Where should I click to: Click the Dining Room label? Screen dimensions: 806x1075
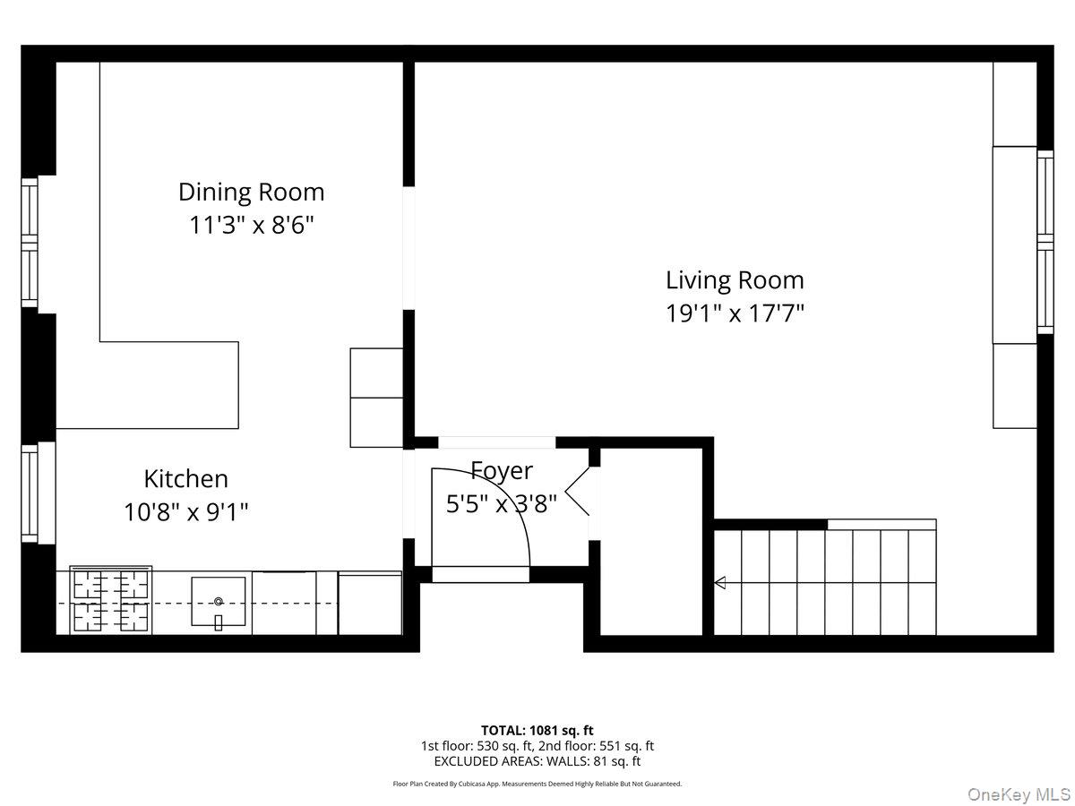point(251,192)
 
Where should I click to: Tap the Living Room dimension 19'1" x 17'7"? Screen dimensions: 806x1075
point(735,314)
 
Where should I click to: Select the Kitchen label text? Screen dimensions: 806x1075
point(186,478)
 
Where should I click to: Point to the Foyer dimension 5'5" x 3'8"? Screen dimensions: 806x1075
point(502,503)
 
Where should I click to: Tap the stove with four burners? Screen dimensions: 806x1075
point(110,601)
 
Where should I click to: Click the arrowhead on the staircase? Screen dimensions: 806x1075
point(719,584)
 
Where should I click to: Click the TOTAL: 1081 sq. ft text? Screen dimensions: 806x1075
point(537,730)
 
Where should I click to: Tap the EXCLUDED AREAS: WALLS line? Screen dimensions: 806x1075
point(537,761)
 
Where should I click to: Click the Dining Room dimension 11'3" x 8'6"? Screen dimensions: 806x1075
point(251,225)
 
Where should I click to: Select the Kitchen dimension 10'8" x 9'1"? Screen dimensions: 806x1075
point(186,511)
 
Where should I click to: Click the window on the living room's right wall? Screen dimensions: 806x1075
point(1045,242)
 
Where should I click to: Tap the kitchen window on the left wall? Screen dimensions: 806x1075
point(30,493)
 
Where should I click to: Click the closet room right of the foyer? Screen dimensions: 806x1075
point(649,542)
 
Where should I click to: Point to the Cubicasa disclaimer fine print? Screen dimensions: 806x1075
point(537,784)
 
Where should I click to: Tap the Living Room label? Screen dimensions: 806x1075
point(735,280)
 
